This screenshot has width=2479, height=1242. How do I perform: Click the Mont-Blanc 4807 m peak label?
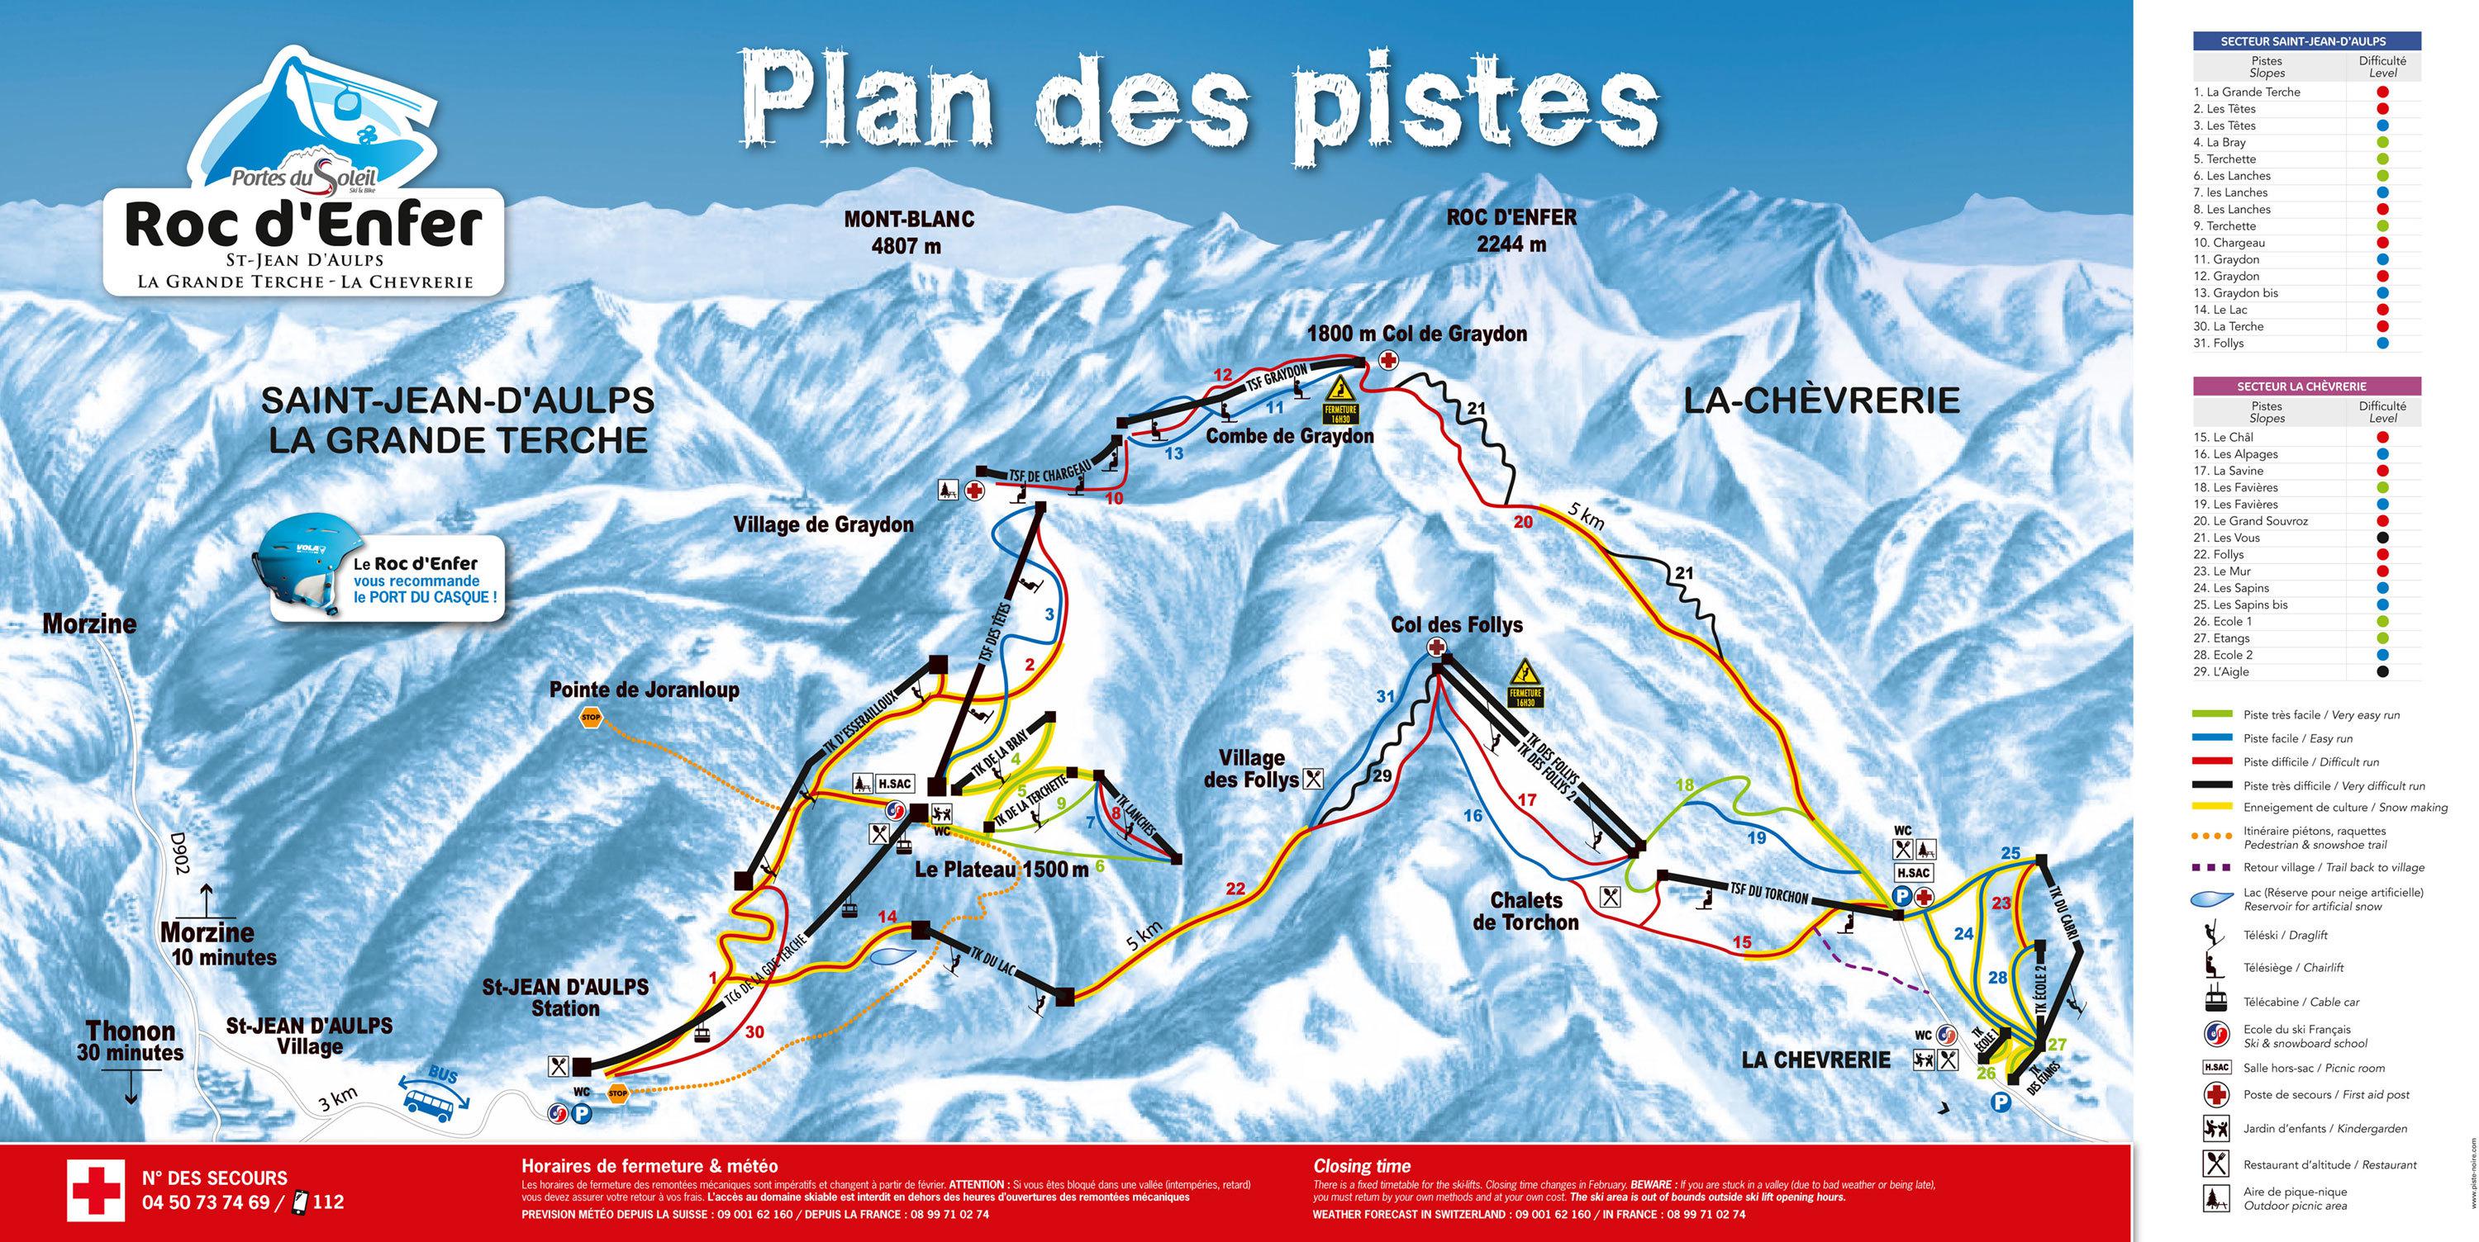pyautogui.click(x=907, y=232)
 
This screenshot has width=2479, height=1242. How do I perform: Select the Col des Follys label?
pyautogui.click(x=1456, y=625)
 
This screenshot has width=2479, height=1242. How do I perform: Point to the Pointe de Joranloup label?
pyautogui.click(x=644, y=690)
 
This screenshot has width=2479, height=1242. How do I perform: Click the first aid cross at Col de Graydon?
pyautogui.click(x=1389, y=361)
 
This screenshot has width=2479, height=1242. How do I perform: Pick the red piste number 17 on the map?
pyautogui.click(x=1527, y=799)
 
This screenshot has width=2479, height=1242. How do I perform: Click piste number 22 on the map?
pyautogui.click(x=1235, y=888)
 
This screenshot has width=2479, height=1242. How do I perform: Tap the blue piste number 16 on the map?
pyautogui.click(x=1473, y=816)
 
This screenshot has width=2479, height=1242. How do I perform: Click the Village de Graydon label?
pyautogui.click(x=823, y=525)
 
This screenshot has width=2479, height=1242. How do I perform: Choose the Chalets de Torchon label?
pyautogui.click(x=1525, y=911)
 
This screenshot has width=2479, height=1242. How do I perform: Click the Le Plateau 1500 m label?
pyautogui.click(x=1001, y=870)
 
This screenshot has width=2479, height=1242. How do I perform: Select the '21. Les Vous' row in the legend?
pyautogui.click(x=2291, y=538)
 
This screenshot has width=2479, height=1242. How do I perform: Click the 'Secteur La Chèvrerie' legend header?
pyautogui.click(x=2305, y=386)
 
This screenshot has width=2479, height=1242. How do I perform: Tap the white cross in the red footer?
pyautogui.click(x=95, y=1189)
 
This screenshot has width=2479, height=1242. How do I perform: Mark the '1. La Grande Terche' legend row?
pyautogui.click(x=2291, y=92)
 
